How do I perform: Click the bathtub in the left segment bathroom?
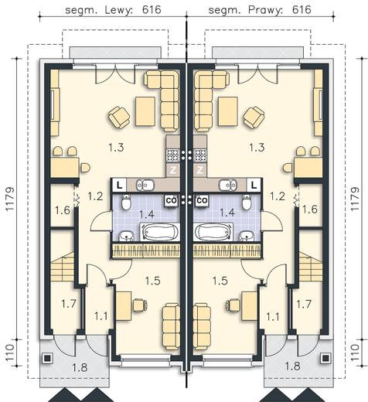coord(160,232)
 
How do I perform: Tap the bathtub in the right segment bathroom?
coord(213,232)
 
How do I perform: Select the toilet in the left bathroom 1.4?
coord(126,202)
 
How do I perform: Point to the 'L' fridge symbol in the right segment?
coord(254,185)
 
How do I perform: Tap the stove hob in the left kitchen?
coord(173,155)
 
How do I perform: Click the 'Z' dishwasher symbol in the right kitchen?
coord(200,170)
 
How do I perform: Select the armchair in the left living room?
coord(119,118)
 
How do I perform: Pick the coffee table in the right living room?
coord(228,111)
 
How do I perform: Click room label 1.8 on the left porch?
coord(80,367)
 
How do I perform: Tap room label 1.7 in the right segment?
coord(304,304)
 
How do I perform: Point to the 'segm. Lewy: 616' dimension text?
coord(113,10)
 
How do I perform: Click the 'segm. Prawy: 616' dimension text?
coord(260,10)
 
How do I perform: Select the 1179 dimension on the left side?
coord(10,199)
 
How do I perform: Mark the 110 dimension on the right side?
coord(355,353)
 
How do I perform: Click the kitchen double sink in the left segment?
coord(145,185)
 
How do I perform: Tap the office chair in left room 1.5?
coord(140,305)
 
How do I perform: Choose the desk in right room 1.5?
coord(249,306)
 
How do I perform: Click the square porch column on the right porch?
coord(325,358)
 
